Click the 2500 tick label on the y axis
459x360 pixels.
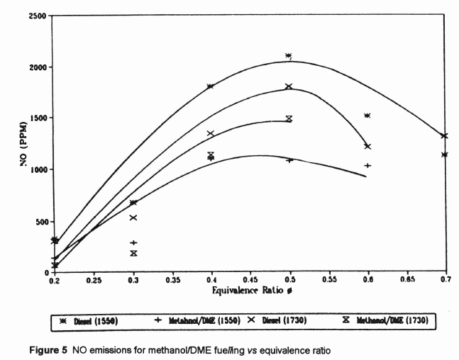tap(39, 16)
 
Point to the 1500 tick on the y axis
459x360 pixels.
tap(39, 118)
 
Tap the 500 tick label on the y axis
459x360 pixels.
tap(41, 220)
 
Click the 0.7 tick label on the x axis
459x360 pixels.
tap(445, 281)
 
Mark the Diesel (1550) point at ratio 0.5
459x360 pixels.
tap(289, 56)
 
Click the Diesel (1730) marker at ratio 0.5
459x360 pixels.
tap(289, 86)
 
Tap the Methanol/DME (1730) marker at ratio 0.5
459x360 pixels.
tap(289, 118)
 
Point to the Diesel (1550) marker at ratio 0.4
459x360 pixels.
tap(211, 86)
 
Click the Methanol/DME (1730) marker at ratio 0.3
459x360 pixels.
tap(133, 253)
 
